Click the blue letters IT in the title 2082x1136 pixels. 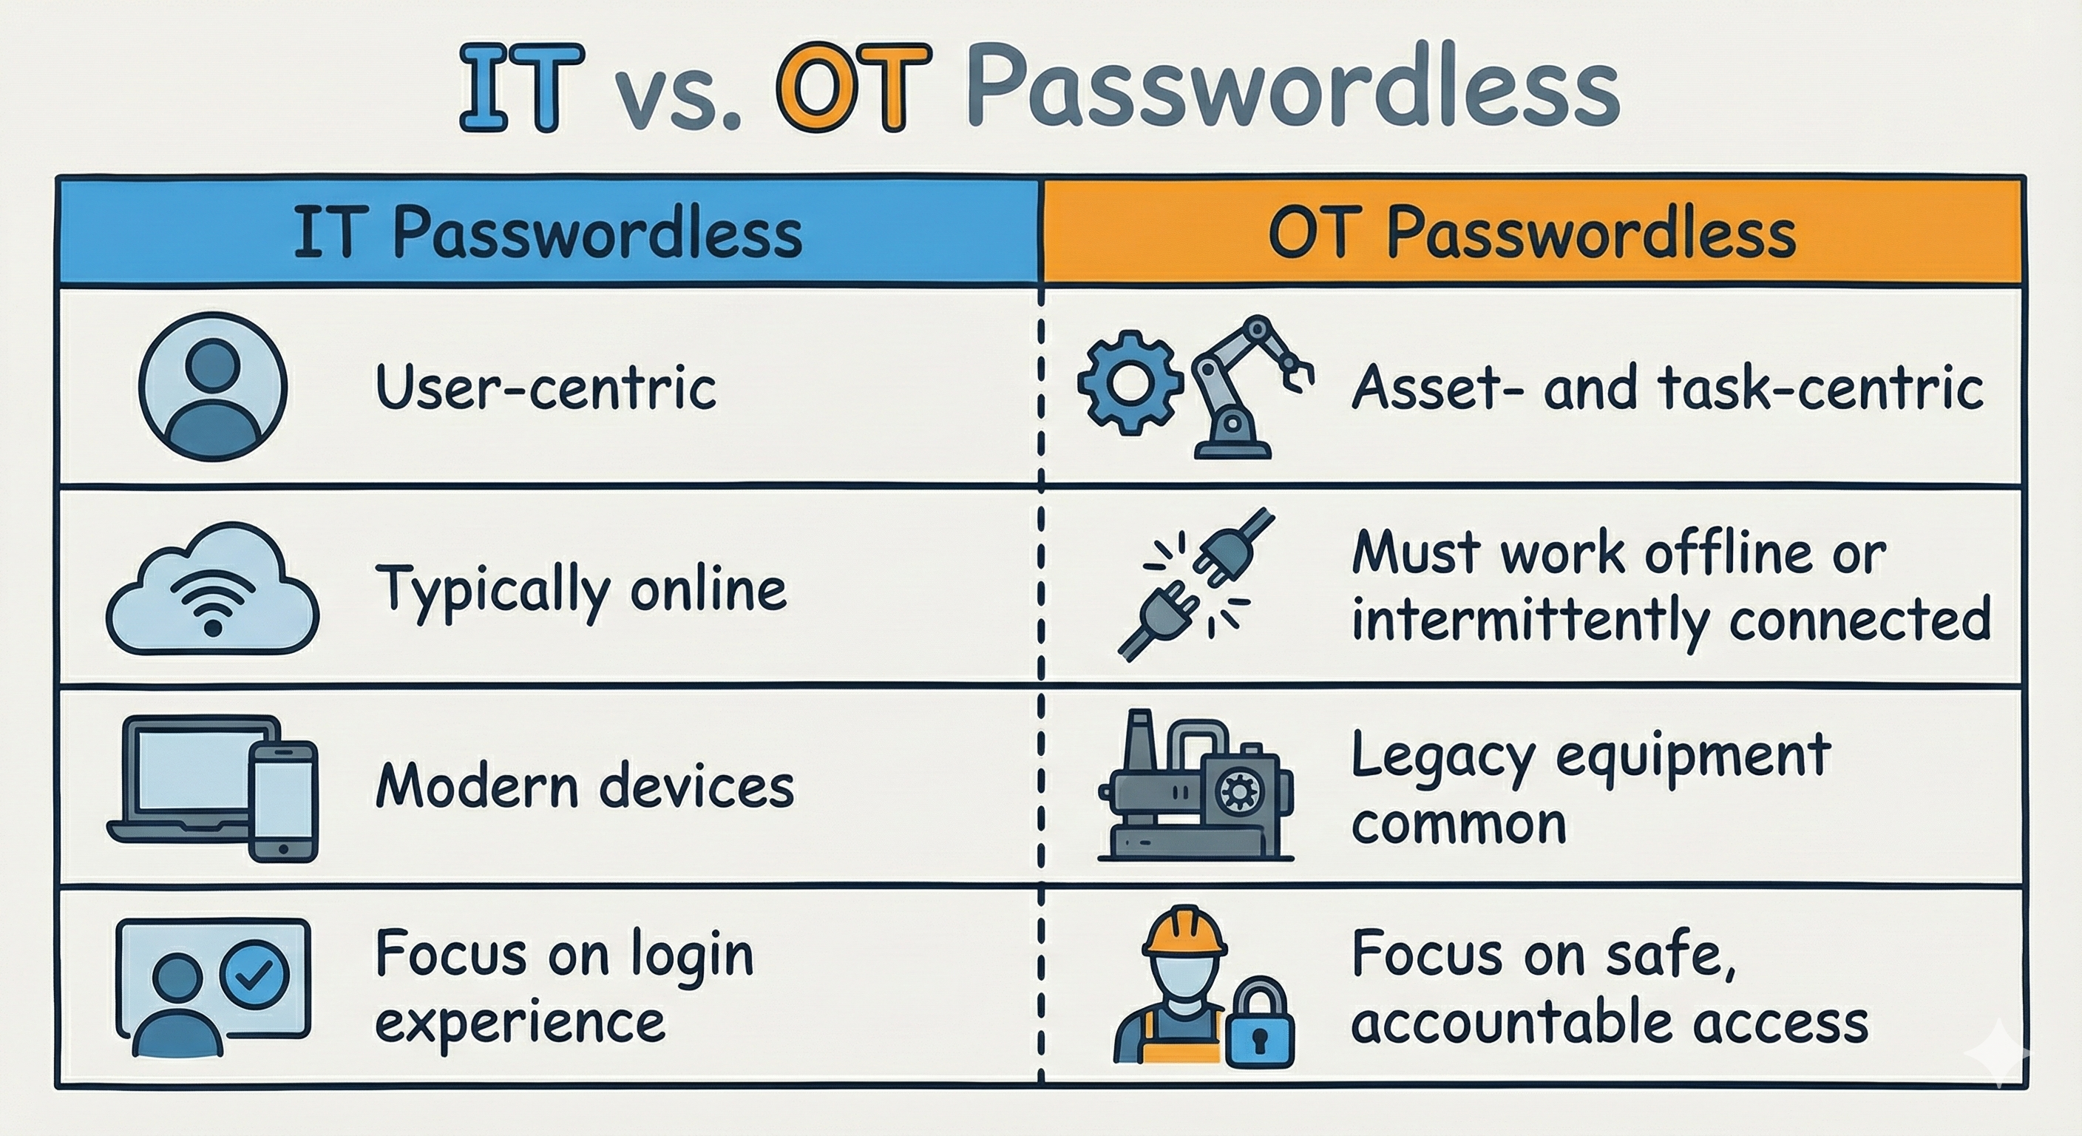(x=521, y=87)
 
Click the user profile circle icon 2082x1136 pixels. (x=213, y=387)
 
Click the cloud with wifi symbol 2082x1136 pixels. (x=213, y=590)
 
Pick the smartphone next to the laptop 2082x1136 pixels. (x=282, y=800)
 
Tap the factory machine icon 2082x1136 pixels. (x=1195, y=788)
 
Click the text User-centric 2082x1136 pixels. (x=546, y=388)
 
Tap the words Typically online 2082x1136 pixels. (x=580, y=590)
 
